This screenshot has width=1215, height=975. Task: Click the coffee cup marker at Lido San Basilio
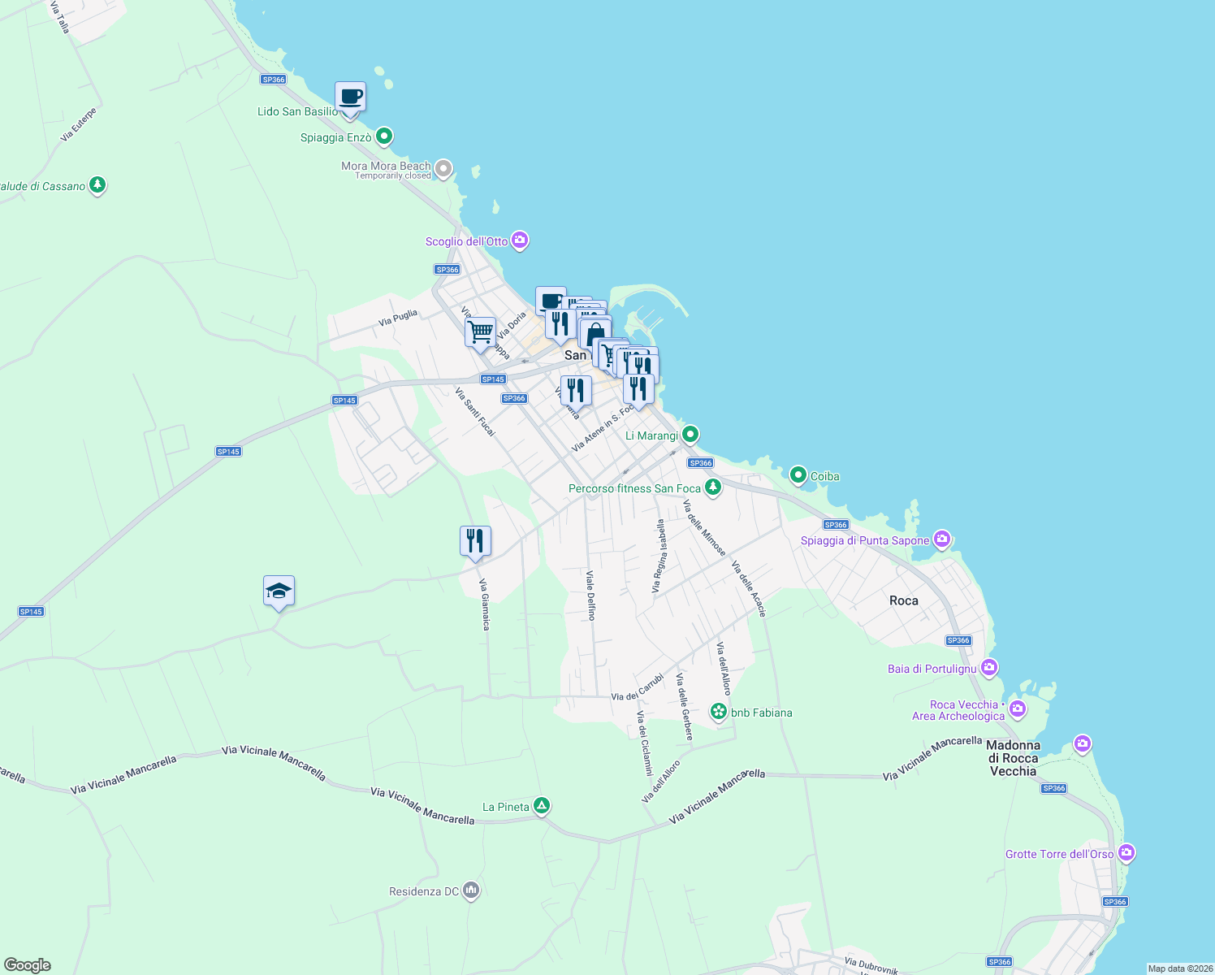point(350,97)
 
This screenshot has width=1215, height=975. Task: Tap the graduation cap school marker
point(279,591)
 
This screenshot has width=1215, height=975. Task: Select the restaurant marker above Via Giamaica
point(475,541)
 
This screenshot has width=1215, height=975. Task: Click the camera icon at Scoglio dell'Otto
point(521,240)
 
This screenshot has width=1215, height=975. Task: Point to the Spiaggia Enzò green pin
point(384,136)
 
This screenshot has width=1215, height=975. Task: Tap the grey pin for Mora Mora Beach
point(443,169)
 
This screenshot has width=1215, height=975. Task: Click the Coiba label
point(824,476)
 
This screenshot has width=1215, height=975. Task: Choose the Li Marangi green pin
point(690,434)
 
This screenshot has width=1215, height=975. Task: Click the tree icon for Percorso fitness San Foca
point(713,487)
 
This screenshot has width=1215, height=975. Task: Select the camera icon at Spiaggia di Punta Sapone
point(942,539)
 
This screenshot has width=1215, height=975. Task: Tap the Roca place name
point(903,600)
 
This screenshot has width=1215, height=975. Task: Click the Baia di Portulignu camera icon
point(988,668)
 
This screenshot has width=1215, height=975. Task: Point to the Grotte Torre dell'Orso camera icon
point(1126,853)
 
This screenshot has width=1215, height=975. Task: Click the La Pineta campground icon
point(542,806)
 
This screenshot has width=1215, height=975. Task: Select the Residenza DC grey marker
point(471,891)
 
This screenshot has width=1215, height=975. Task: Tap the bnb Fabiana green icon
point(719,713)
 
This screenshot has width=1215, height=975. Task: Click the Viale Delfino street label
point(590,596)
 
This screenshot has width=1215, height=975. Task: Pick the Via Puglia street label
point(398,318)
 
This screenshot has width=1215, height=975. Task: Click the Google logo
point(27,965)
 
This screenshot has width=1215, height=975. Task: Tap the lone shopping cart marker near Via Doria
point(480,331)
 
